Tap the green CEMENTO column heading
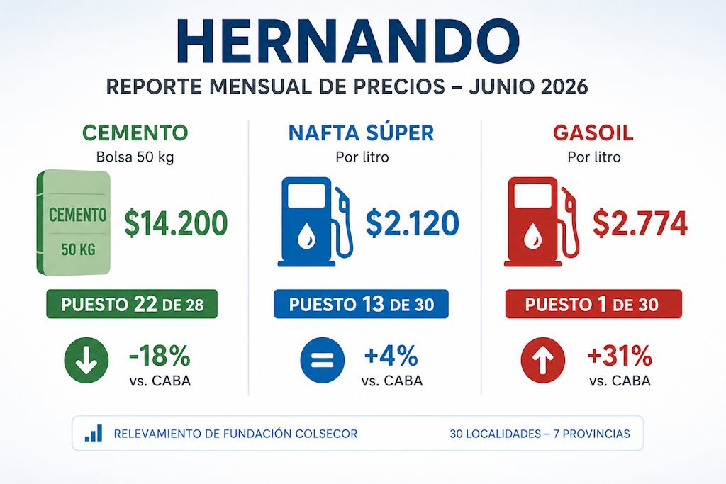tap(135, 133)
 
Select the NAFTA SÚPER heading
tap(361, 133)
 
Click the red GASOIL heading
tap(593, 133)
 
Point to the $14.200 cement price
tap(176, 223)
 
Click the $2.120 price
tap(412, 223)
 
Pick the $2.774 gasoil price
tap(640, 223)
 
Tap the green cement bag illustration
tap(74, 223)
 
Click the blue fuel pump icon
tap(315, 222)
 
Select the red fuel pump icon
tap(542, 222)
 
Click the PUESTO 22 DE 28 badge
tap(132, 304)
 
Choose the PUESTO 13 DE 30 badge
tap(361, 304)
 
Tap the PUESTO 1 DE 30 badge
tap(593, 304)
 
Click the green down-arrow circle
tap(86, 360)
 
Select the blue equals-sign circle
tap(323, 360)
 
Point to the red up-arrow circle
tap(543, 360)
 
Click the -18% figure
tap(160, 356)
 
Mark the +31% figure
tap(620, 356)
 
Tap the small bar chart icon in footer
tap(94, 434)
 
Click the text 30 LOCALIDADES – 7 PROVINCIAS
tap(540, 434)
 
